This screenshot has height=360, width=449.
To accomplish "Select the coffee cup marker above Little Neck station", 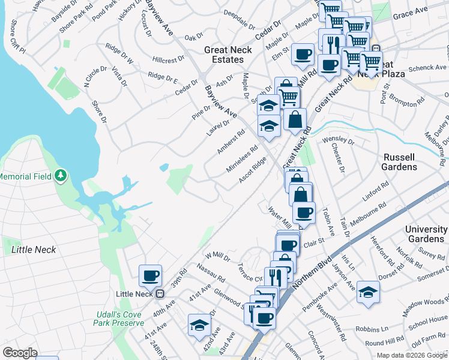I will point(150,276).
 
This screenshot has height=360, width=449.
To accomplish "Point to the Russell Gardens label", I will point(399,162).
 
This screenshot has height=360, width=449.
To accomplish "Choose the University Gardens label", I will point(426,235).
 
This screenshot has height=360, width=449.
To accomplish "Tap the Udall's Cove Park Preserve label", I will point(119,318).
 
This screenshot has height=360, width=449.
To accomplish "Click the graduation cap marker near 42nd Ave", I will point(199,325).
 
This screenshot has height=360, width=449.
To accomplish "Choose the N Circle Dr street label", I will point(95,78).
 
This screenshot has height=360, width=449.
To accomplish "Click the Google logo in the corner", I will point(20,353).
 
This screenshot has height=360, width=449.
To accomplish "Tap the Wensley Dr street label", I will point(339,141).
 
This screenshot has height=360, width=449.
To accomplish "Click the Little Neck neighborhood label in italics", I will point(34,250).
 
